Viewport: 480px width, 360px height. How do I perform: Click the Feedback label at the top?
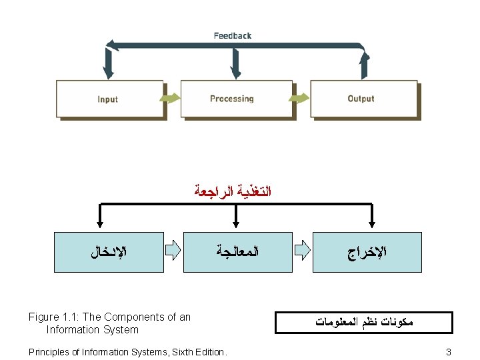point(233,35)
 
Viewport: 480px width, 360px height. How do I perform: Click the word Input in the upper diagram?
point(107,99)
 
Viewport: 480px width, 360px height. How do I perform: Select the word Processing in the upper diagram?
point(232,99)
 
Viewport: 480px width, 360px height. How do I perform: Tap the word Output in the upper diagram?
point(361,99)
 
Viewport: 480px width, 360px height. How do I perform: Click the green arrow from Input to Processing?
point(172,98)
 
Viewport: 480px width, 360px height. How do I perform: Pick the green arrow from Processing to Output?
point(301,98)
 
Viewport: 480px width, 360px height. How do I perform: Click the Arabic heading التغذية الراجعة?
point(234,192)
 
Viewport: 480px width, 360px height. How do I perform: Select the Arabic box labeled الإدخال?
point(109,252)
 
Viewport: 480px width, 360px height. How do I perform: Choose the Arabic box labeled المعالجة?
point(237,252)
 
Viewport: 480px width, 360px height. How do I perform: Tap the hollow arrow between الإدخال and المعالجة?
point(173,251)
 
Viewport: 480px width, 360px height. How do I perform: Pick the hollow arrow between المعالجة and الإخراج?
point(303,251)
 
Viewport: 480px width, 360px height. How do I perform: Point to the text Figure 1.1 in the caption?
point(56,317)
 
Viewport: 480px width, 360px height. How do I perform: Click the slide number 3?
point(449,351)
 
